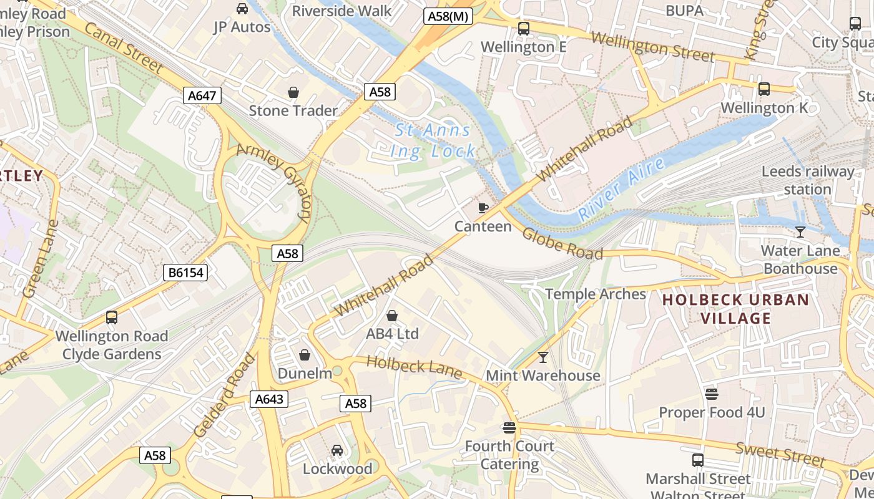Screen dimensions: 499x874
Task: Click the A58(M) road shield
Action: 448,17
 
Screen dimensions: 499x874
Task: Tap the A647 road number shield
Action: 203,95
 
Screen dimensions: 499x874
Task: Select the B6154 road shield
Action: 185,273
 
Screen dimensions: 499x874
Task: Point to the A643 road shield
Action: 269,399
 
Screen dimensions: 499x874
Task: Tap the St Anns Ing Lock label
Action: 433,141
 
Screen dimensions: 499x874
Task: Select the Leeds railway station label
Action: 808,180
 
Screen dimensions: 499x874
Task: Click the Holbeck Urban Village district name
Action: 735,309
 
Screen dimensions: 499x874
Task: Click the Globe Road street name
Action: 562,243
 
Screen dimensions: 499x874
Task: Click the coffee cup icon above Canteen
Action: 483,208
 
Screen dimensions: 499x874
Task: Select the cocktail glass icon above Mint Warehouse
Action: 543,357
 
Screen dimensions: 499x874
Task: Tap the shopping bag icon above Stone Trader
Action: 293,93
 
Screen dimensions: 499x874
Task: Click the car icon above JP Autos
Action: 242,9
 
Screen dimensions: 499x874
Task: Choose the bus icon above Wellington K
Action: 764,89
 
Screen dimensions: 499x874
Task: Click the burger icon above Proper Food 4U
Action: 711,394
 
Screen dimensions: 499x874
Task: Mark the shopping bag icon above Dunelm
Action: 305,355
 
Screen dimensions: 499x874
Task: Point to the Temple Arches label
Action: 596,294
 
